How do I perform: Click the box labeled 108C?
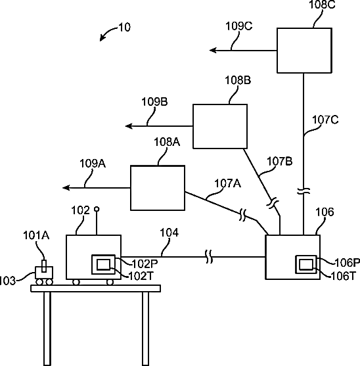[x=304, y=51]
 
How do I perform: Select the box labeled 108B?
[x=220, y=126]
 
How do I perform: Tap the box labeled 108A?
[x=158, y=188]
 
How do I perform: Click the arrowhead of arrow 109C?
[x=213, y=50]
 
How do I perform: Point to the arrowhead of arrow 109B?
[x=129, y=126]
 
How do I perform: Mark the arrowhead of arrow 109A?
[x=66, y=188]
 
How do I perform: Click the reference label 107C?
[x=325, y=120]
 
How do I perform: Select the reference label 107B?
[x=279, y=161]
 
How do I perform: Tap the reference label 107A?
[x=227, y=183]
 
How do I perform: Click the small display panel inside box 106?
[x=306, y=264]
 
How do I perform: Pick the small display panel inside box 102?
[x=103, y=264]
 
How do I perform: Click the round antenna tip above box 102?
[x=97, y=209]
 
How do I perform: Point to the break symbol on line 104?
[x=209, y=256]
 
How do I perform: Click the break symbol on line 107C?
[x=304, y=191]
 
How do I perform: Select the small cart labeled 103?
[x=44, y=275]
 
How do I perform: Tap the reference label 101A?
[x=36, y=235]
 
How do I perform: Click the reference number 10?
[x=125, y=28]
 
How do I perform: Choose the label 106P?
[x=347, y=263]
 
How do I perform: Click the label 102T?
[x=141, y=277]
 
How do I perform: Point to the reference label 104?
[x=169, y=233]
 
